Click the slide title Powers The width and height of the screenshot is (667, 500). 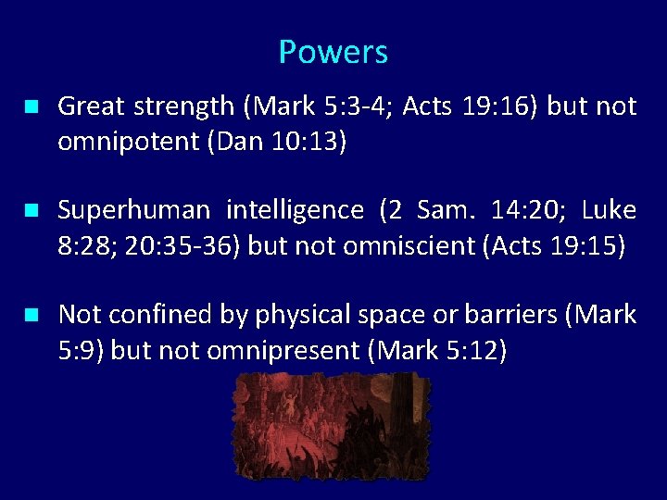pos(333,52)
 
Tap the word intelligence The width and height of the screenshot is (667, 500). pos(297,211)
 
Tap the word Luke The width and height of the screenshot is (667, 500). pos(609,211)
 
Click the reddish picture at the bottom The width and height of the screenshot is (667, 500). pos(333,426)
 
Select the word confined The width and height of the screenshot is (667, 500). pos(155,315)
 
